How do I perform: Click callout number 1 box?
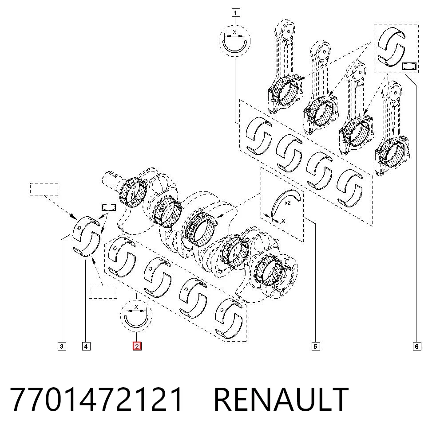[x=236, y=13]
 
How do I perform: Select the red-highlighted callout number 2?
[x=137, y=346]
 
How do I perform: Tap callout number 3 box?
[x=62, y=346]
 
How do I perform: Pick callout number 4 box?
[x=86, y=346]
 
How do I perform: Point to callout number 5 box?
[x=316, y=346]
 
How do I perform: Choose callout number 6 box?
[x=416, y=346]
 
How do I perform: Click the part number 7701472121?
[x=96, y=399]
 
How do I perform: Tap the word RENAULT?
[x=281, y=399]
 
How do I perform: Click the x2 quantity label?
[x=288, y=203]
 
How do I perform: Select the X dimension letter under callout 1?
[x=234, y=32]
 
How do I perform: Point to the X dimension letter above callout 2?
[x=136, y=307]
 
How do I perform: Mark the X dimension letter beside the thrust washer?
[x=283, y=220]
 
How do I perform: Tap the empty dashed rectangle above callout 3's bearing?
[x=44, y=189]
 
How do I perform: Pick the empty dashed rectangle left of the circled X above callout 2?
[x=103, y=292]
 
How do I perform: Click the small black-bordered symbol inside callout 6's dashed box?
[x=409, y=66]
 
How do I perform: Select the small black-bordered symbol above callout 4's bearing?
[x=109, y=207]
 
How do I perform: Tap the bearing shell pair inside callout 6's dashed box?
[x=391, y=47]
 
